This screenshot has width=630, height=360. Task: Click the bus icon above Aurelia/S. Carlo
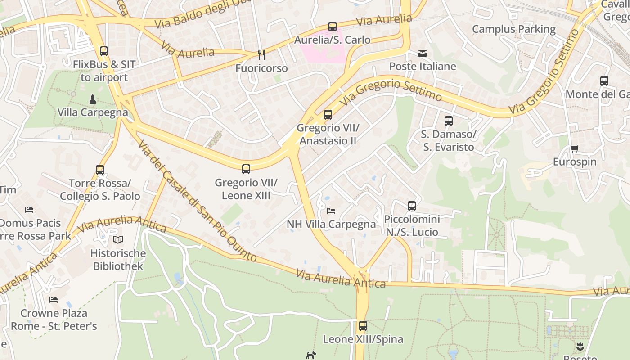click(333, 27)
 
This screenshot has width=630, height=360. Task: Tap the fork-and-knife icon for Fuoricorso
click(261, 54)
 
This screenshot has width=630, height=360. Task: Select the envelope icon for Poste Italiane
click(423, 54)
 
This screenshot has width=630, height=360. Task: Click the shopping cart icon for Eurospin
click(574, 149)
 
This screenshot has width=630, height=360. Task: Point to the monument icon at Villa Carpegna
click(92, 99)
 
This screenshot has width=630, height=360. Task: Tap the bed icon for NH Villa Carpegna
click(331, 211)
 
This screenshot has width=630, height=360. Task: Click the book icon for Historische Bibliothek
click(117, 240)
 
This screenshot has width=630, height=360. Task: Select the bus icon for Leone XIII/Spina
click(363, 326)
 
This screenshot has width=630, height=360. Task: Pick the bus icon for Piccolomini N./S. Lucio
click(412, 206)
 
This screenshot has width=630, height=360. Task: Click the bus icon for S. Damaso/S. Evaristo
click(449, 121)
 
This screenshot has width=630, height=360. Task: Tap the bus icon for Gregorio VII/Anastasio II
click(328, 115)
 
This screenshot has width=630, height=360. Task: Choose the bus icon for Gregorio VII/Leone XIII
click(246, 169)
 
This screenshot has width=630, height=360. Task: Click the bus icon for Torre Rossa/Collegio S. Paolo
click(100, 170)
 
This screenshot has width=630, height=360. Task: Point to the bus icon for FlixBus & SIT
click(104, 51)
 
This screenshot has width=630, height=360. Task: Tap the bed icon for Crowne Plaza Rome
click(54, 299)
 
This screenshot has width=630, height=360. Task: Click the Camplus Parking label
click(514, 29)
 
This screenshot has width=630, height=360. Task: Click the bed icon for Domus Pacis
click(29, 210)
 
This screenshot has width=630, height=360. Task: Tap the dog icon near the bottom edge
click(311, 355)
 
